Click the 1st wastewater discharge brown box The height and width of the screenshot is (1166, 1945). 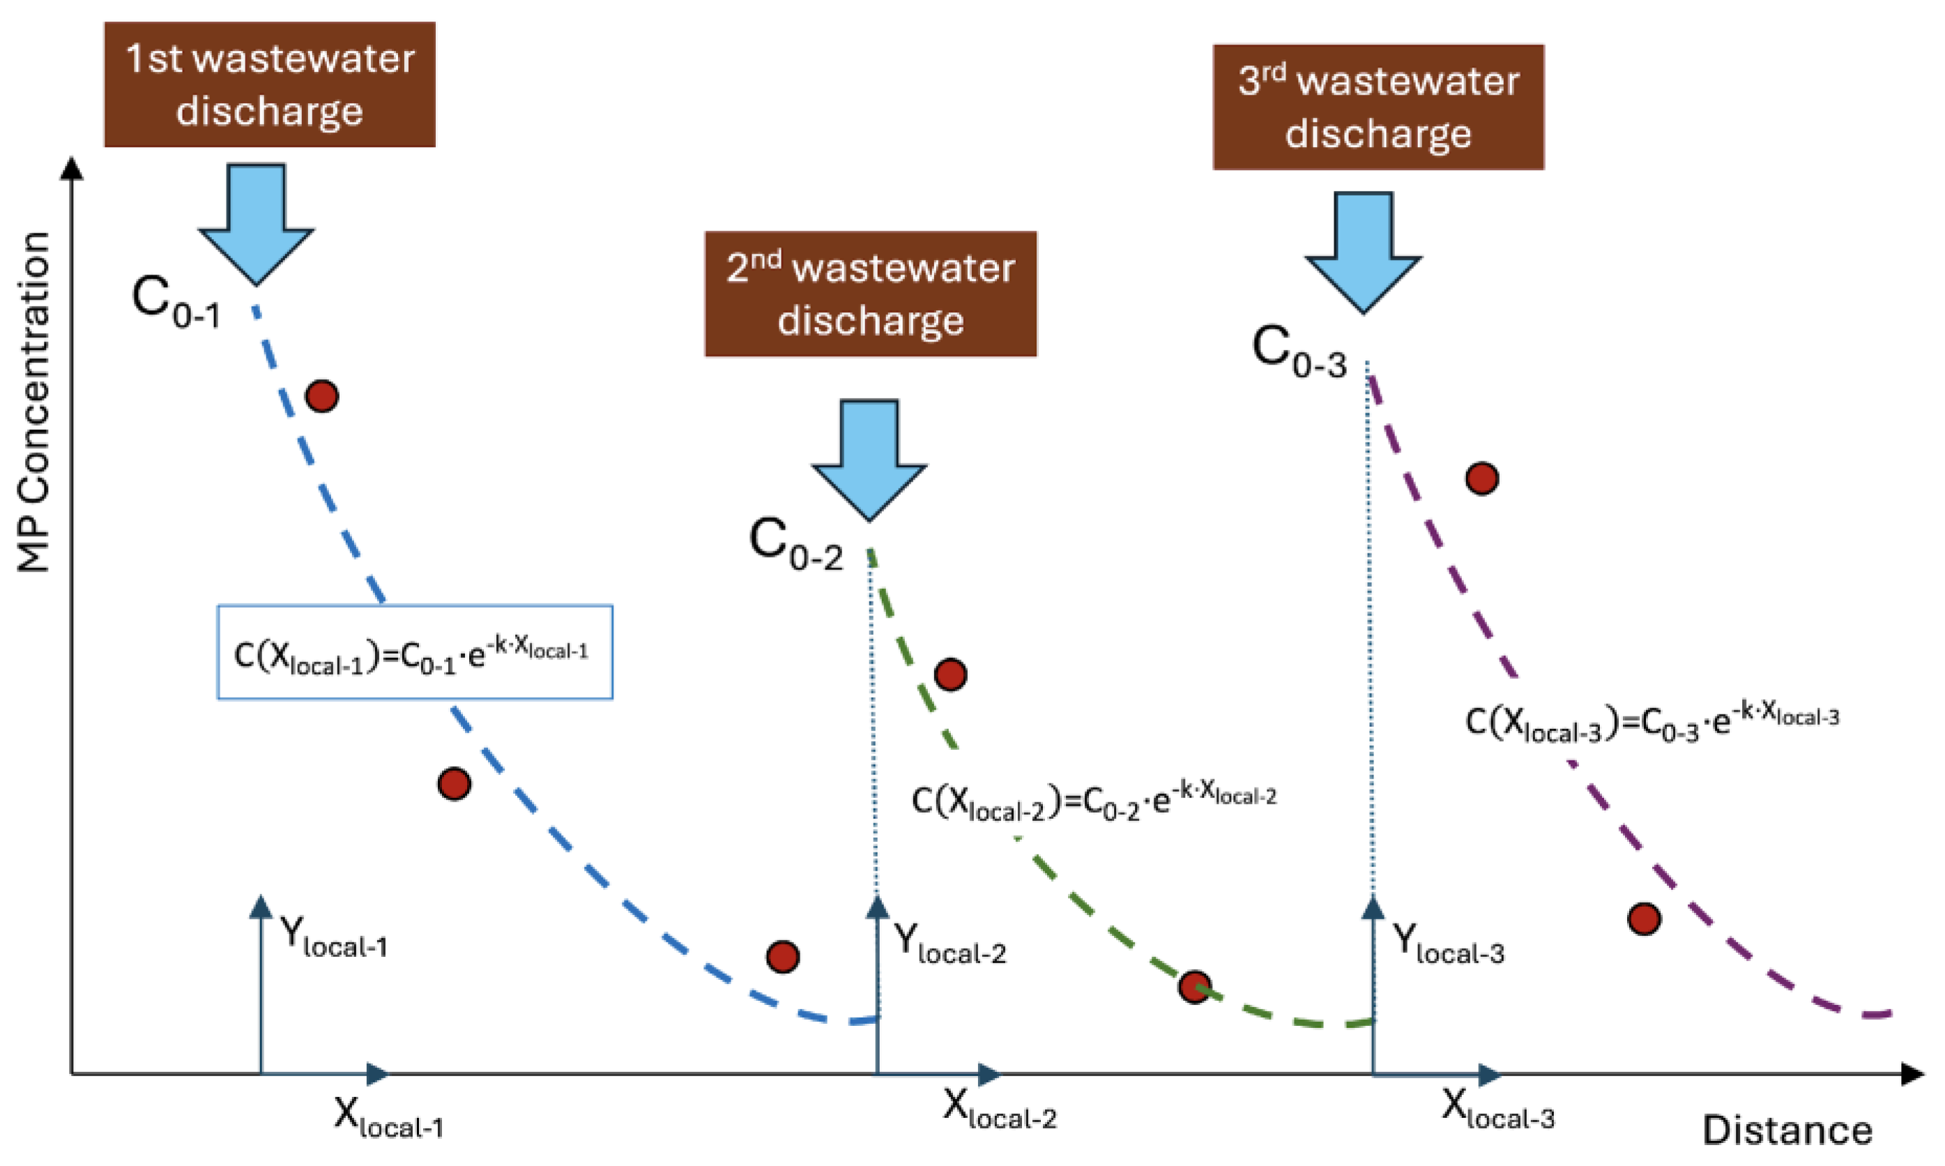click(270, 84)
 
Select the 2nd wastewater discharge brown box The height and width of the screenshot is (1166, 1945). click(870, 294)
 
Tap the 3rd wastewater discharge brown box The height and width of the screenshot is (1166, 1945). click(1378, 107)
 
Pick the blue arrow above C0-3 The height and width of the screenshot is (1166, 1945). click(1363, 251)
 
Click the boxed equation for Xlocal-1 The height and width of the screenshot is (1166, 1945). click(414, 652)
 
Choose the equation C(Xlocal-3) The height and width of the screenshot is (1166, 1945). click(1651, 723)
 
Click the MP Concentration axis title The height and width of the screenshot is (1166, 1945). click(33, 401)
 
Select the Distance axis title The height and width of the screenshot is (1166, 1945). click(1787, 1130)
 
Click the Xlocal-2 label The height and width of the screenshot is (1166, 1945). click(999, 1110)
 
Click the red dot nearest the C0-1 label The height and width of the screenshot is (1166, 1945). click(322, 396)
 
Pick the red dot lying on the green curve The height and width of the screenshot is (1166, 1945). click(1193, 987)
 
